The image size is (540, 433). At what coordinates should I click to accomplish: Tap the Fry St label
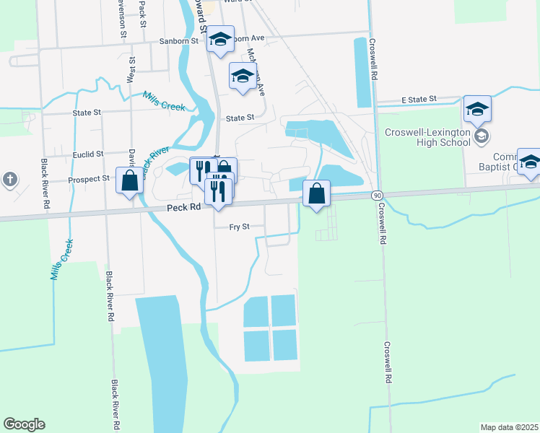(x=239, y=227)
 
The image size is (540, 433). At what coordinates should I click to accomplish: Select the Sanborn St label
(x=184, y=42)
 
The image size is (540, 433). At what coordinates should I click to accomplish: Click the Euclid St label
(x=89, y=154)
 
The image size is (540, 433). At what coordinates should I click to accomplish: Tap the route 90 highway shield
(x=377, y=196)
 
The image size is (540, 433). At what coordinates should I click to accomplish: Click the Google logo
(x=24, y=424)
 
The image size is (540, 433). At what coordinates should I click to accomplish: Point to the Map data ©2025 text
(x=510, y=427)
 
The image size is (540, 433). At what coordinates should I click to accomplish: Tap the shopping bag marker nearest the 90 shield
(x=316, y=193)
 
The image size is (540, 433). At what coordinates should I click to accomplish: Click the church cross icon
(x=9, y=179)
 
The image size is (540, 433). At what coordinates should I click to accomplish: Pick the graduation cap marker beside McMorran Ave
(x=243, y=75)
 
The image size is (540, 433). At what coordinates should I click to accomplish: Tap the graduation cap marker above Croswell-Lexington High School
(x=477, y=109)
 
